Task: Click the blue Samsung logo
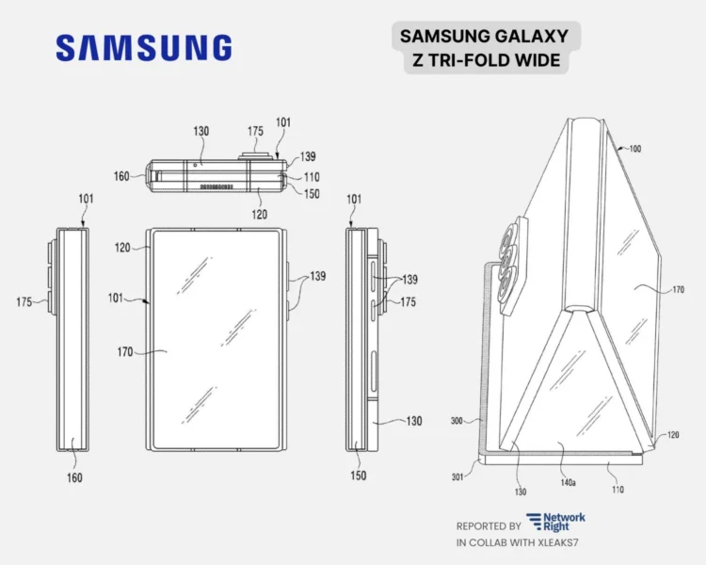point(143,48)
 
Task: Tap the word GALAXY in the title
point(534,37)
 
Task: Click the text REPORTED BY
point(489,526)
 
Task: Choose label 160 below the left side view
point(74,477)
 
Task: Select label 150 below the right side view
point(358,476)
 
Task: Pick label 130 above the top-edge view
point(201,132)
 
